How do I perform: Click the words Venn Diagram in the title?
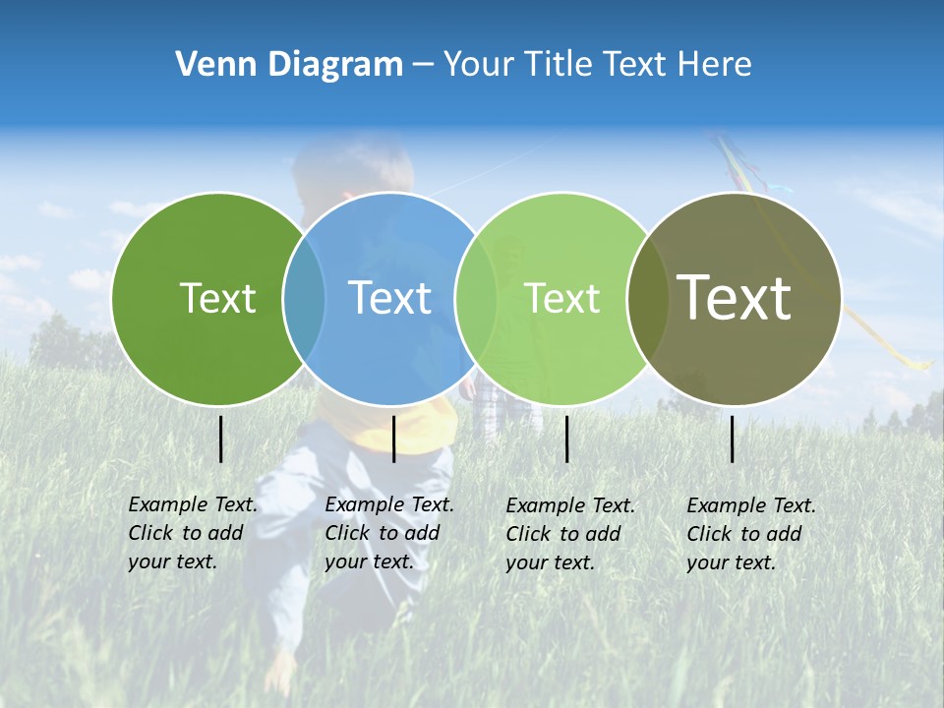pos(289,65)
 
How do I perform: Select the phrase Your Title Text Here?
pos(597,65)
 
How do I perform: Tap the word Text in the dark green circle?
pos(217,298)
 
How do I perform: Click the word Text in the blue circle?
pos(390,298)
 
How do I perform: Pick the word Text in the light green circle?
pos(562,298)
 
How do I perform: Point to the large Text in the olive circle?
pos(735,298)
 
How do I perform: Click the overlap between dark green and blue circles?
pos(304,298)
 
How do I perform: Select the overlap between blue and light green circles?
pos(476,298)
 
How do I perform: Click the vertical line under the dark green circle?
pos(220,439)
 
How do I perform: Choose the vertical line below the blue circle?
pos(393,439)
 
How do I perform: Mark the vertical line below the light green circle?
pos(566,439)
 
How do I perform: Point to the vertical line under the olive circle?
pos(732,439)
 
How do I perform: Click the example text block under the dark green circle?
pos(193,533)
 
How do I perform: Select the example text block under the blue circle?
pos(389,533)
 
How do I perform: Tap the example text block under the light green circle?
pos(570,534)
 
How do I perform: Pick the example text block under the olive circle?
pos(751,534)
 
